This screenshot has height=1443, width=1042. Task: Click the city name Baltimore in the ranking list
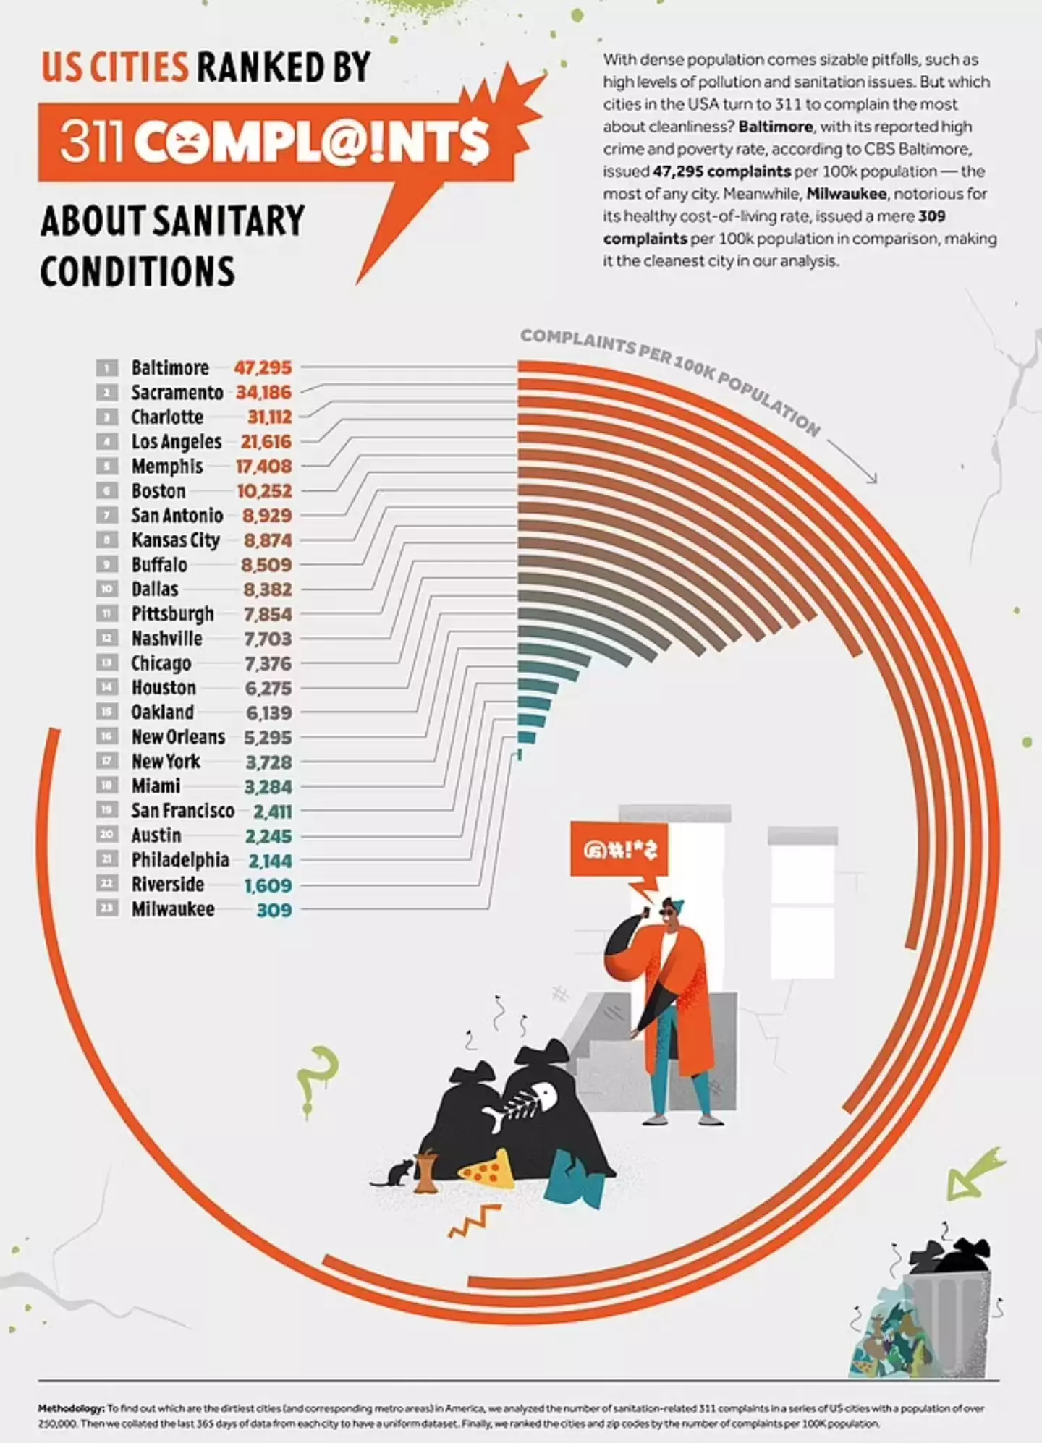pyautogui.click(x=170, y=368)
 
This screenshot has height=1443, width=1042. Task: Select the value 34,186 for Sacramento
pyautogui.click(x=264, y=393)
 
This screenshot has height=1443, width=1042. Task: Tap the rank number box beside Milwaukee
pyautogui.click(x=106, y=908)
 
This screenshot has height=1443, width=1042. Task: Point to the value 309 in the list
pyautogui.click(x=274, y=910)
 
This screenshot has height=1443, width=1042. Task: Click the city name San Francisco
pyautogui.click(x=182, y=811)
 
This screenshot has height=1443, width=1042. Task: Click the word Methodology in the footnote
pyautogui.click(x=71, y=1408)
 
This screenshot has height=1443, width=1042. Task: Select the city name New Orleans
pyautogui.click(x=178, y=737)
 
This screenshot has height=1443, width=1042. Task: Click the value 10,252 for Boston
pyautogui.click(x=265, y=491)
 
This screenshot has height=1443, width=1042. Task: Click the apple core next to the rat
pyautogui.click(x=426, y=1170)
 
